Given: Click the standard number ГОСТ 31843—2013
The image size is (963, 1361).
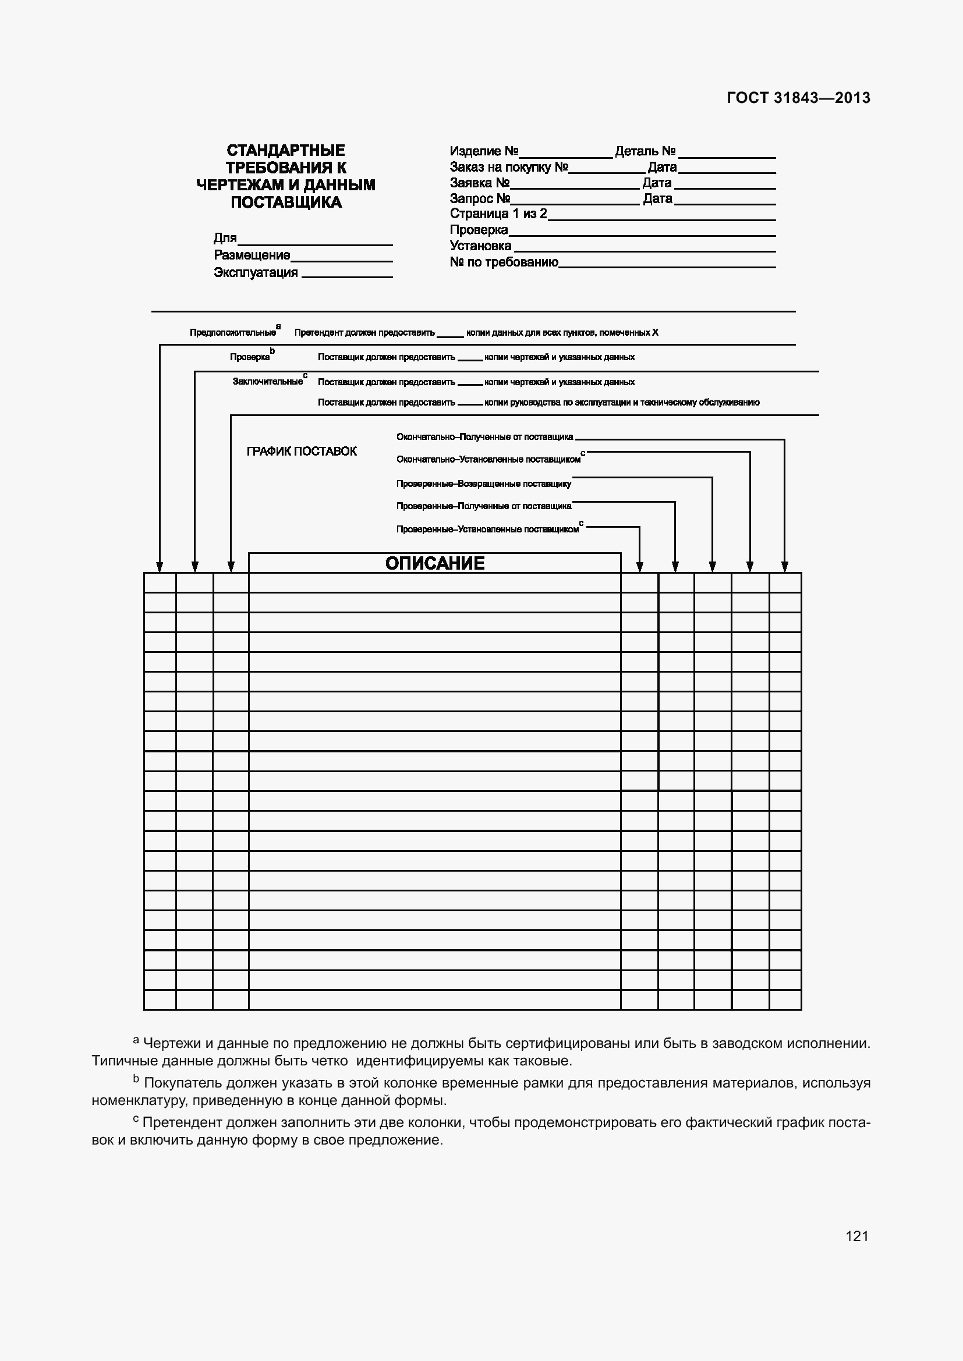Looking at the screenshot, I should (798, 98).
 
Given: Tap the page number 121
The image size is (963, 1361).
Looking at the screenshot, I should (857, 1236).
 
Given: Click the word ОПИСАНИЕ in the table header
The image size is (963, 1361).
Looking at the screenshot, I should (435, 563).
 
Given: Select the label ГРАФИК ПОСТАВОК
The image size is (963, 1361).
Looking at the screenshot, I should (301, 452).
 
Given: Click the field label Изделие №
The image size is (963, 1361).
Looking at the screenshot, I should (484, 151).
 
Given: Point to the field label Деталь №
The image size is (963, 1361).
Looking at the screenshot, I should (645, 151).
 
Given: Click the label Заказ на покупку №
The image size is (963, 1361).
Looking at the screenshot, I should (509, 167).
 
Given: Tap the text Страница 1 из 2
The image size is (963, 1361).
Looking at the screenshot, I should (498, 214).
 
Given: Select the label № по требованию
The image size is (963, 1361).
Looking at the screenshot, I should (504, 262).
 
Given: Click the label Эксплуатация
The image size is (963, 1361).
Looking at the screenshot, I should (256, 273).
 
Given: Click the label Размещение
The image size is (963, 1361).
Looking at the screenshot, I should (252, 255).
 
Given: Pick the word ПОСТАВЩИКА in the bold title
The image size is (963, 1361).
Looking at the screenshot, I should (286, 202).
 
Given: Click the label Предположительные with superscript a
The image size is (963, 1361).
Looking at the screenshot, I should (232, 333).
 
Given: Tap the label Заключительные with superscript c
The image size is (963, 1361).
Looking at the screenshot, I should (267, 382).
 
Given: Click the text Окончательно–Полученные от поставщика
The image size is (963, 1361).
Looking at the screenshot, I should (484, 437).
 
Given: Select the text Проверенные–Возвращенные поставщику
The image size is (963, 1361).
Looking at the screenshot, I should (483, 484).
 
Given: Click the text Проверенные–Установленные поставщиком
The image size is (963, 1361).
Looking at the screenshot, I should (487, 530).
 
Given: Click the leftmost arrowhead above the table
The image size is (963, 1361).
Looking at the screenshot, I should (160, 567).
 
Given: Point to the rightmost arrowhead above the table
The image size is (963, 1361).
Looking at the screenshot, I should (784, 567).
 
